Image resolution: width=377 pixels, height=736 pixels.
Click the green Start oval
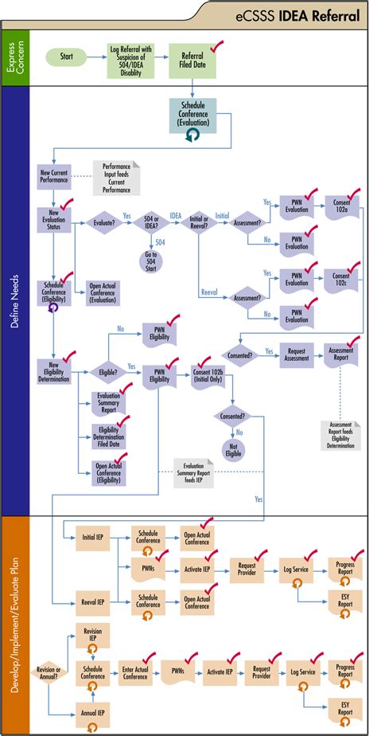[67, 57]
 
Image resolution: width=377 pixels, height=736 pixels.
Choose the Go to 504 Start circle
[150, 261]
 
